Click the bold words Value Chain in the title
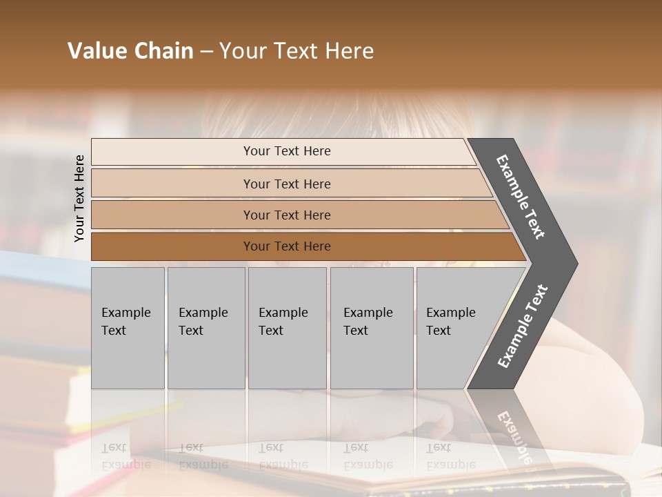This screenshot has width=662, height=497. point(130,51)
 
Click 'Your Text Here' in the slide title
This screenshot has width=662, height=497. point(297,51)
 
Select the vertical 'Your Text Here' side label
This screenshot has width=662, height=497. point(79,198)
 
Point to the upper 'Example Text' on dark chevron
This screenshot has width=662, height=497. point(521,197)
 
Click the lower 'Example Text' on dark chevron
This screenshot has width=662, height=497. point(523,327)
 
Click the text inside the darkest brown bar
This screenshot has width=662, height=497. point(287,246)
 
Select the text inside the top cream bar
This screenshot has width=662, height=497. point(287,151)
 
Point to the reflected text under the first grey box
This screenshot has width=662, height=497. point(126,456)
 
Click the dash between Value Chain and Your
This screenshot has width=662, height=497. point(206,52)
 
